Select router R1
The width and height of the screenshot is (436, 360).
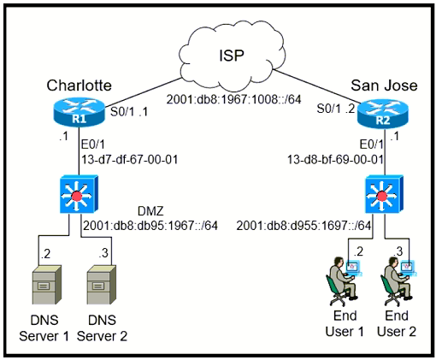(x=79, y=111)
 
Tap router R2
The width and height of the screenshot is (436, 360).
(x=383, y=113)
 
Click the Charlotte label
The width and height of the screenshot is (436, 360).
(x=79, y=86)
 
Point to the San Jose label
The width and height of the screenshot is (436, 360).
(x=384, y=86)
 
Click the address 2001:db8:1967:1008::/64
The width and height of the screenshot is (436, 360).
(x=233, y=99)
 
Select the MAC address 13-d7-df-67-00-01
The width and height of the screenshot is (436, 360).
(x=130, y=159)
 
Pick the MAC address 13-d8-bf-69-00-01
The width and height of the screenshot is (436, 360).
(x=335, y=159)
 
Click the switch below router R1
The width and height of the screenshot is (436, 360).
(x=79, y=194)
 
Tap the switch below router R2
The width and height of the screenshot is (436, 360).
(x=385, y=194)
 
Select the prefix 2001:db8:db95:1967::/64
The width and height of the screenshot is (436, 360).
(x=150, y=226)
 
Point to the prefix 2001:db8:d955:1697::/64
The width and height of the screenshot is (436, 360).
(x=303, y=226)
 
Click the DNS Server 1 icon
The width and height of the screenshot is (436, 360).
(x=46, y=285)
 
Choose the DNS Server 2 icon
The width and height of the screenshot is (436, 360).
(x=101, y=285)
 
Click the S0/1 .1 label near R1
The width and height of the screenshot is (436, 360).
(x=129, y=112)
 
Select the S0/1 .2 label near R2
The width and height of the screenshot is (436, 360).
(x=336, y=109)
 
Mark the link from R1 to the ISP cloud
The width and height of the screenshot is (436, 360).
(x=143, y=91)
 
